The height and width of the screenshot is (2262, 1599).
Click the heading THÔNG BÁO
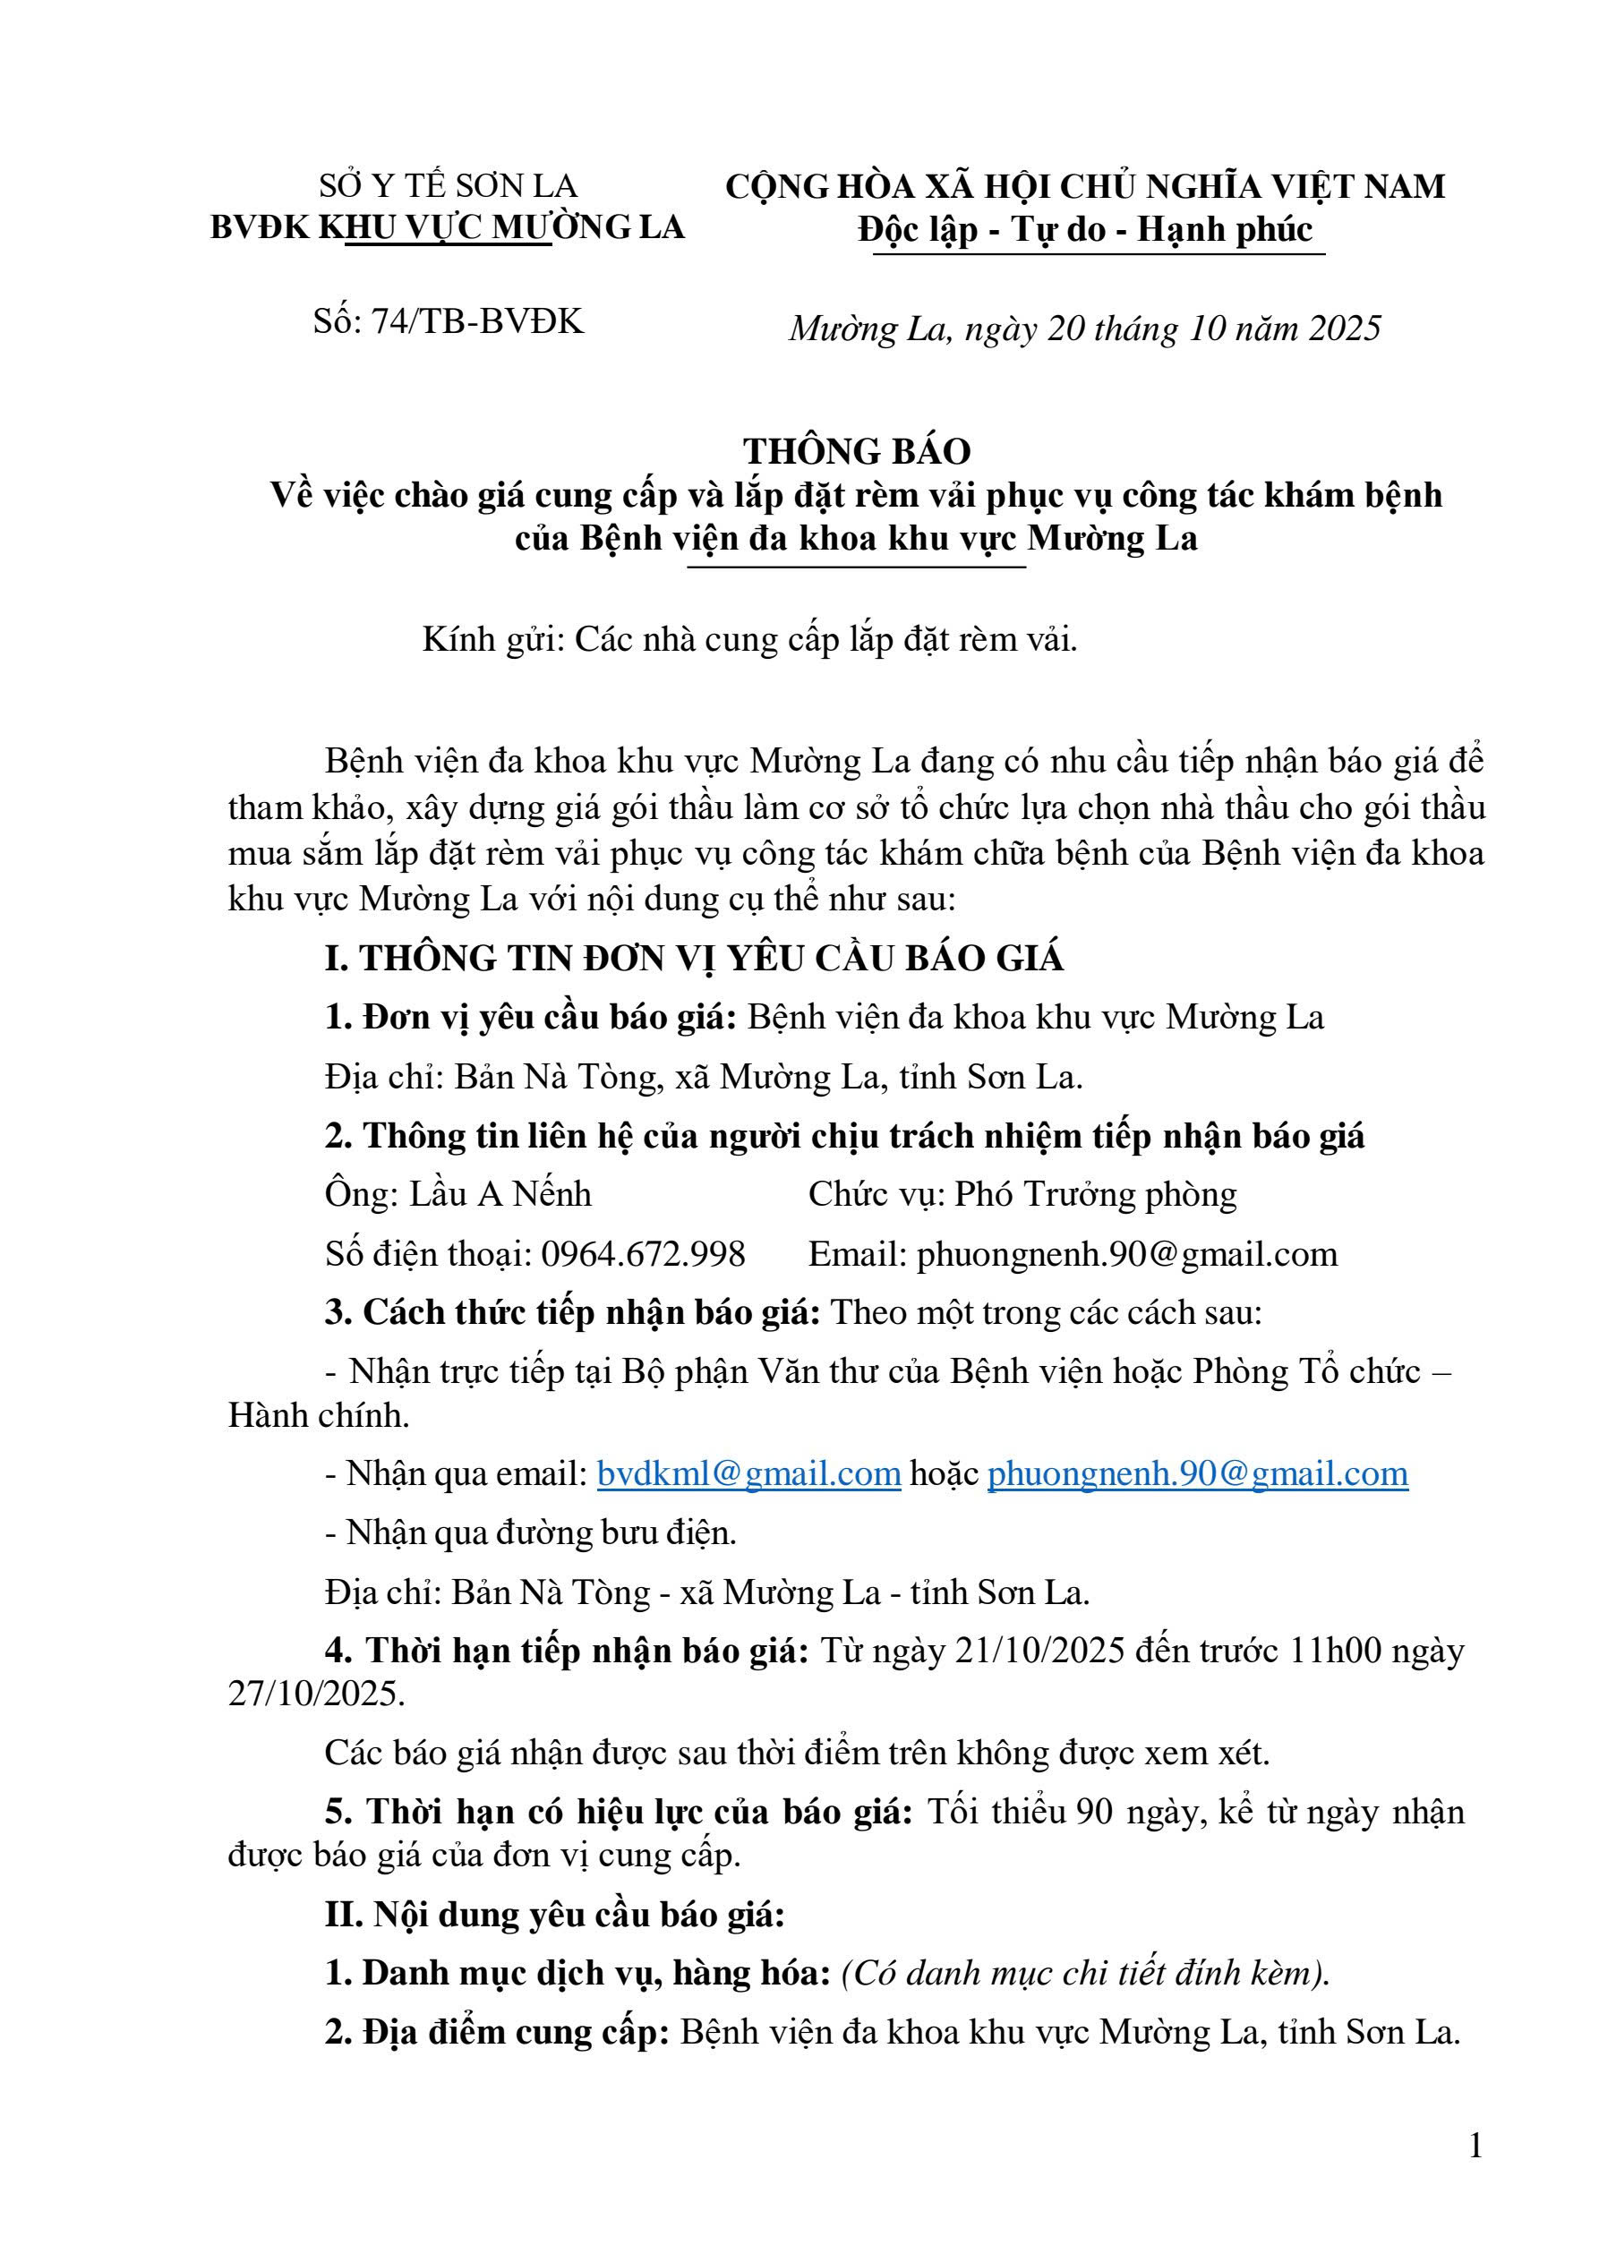pyautogui.click(x=856, y=450)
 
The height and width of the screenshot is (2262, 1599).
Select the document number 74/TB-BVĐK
pyautogui.click(x=477, y=320)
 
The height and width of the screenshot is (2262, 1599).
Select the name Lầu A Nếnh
pyautogui.click(x=500, y=1194)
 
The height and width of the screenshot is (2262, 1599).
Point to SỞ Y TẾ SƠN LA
pyautogui.click(x=449, y=185)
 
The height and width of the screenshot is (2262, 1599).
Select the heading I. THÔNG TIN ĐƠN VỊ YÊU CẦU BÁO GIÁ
pyautogui.click(x=695, y=958)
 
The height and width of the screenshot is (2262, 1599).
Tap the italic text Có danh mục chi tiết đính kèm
pyautogui.click(x=1083, y=1974)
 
